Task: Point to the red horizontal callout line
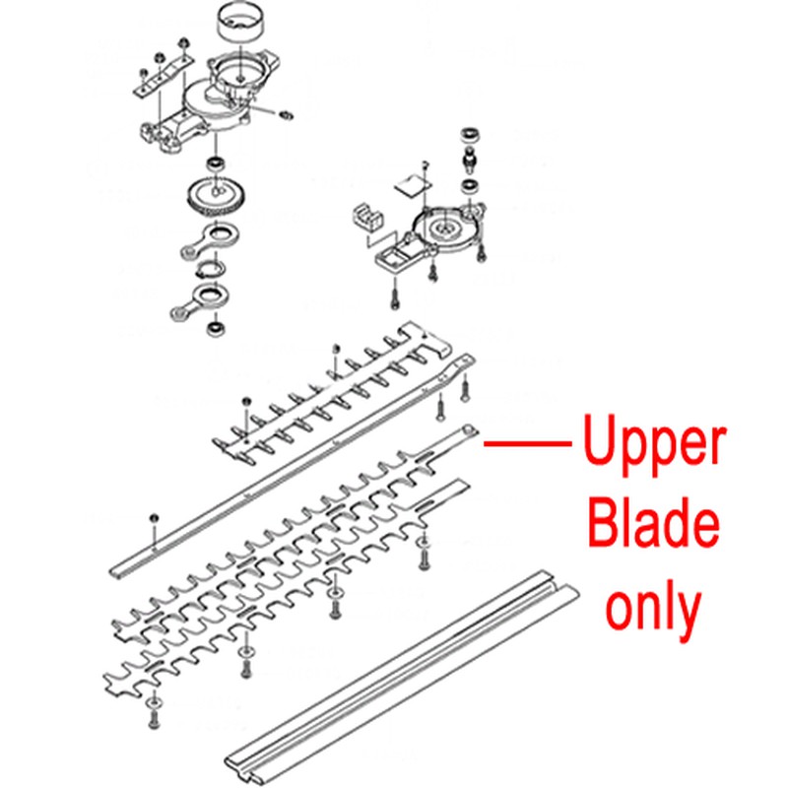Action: (x=528, y=444)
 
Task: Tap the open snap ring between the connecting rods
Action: (x=211, y=269)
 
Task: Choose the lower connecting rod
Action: (x=200, y=301)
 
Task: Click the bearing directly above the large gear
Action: (x=217, y=164)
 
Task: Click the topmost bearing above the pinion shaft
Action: (x=471, y=135)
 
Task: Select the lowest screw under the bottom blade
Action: (x=154, y=711)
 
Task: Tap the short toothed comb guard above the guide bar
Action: (x=334, y=393)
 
